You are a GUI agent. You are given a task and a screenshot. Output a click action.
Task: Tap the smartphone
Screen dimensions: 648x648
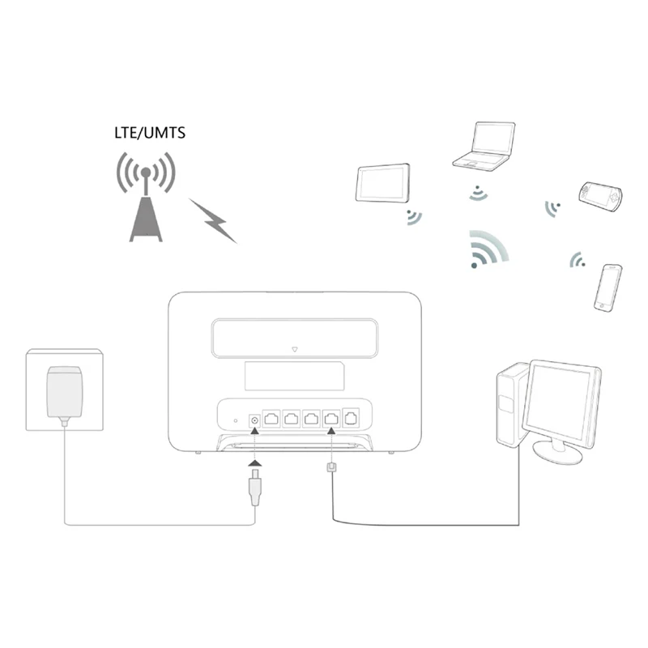[x=608, y=287]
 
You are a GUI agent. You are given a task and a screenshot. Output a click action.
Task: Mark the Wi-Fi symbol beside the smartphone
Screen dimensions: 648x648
[x=578, y=260]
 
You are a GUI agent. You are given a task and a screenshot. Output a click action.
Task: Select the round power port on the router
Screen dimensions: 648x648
[x=255, y=419]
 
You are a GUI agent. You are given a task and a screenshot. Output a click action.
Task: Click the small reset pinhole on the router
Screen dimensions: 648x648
[x=234, y=420]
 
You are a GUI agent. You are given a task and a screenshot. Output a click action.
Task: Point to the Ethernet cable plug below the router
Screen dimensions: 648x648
[x=331, y=470]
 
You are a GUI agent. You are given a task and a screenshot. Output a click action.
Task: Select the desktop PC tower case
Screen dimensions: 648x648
[x=509, y=405]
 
